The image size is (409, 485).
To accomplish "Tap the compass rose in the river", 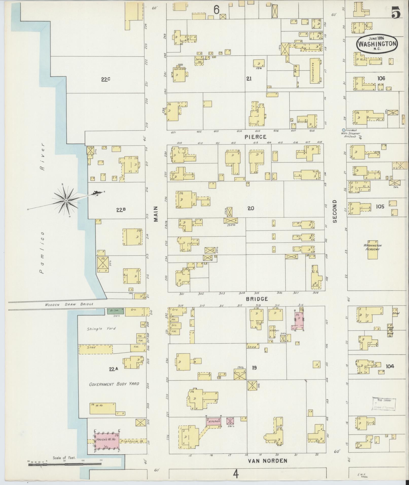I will click(x=66, y=201).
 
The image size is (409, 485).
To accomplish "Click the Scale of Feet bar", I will click(x=64, y=464).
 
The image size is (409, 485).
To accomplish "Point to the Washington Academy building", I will click(x=372, y=249).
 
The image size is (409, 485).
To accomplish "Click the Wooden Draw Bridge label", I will click(x=69, y=304).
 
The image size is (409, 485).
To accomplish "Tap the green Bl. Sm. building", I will click(x=115, y=311).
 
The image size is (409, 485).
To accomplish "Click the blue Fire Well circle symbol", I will click(x=344, y=130).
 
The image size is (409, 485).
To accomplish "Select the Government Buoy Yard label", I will click(x=114, y=384).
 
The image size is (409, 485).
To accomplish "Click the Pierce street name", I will click(x=255, y=137).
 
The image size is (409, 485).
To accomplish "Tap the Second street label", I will click(x=335, y=211).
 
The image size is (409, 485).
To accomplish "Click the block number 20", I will click(x=251, y=208).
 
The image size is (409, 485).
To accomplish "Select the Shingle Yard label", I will click(x=101, y=329).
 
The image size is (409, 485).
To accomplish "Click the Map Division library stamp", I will click(x=384, y=404).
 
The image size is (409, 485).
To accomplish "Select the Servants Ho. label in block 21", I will click(x=200, y=60).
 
